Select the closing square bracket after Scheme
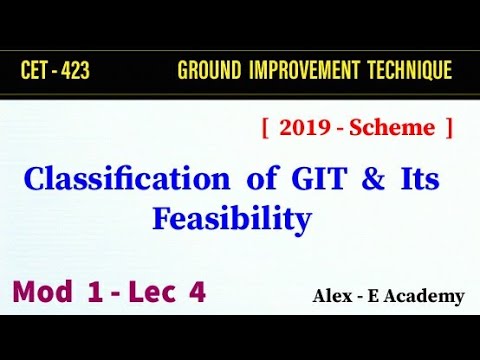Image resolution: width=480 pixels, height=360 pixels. [x=449, y=128]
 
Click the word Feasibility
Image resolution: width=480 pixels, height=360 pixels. [x=231, y=217]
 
